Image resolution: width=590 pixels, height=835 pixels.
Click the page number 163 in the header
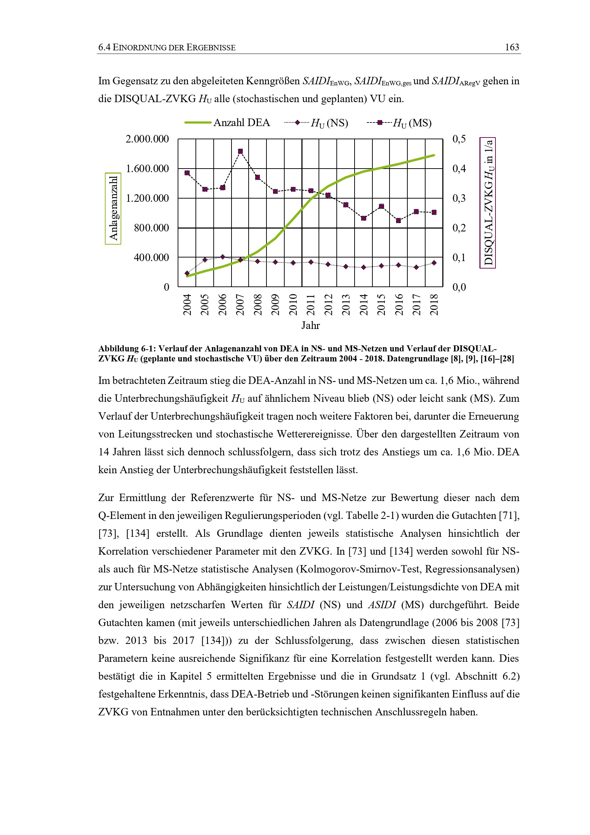coord(512,47)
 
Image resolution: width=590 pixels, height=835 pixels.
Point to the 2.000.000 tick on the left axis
coord(147,139)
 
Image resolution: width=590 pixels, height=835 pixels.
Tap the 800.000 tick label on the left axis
coord(151,228)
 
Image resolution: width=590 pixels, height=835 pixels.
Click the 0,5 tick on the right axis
coord(459,139)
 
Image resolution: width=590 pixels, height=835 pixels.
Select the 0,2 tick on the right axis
coord(459,228)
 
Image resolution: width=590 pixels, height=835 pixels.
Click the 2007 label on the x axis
coord(240,304)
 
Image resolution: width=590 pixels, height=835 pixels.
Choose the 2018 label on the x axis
coord(434,304)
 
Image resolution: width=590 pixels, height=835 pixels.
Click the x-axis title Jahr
coord(311,325)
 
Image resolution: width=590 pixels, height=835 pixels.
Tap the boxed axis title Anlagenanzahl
coord(113,208)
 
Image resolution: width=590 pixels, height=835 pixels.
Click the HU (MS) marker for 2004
coord(187,173)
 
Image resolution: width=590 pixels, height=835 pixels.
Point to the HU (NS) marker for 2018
coord(434,263)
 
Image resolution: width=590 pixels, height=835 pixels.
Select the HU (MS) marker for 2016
coord(398,220)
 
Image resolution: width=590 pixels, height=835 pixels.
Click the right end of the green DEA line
coord(434,155)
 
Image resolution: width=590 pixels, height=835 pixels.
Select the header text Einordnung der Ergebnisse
coord(174,47)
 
